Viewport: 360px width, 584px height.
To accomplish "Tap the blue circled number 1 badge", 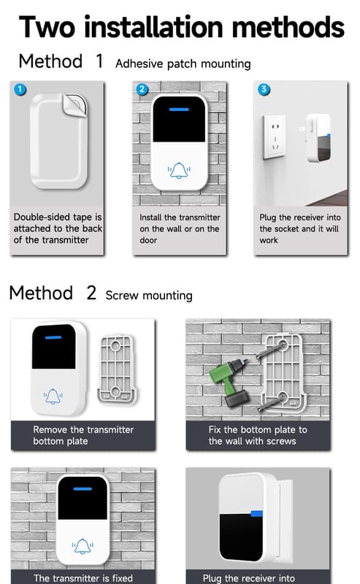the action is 20,89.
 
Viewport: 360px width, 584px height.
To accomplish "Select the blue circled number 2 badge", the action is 142,89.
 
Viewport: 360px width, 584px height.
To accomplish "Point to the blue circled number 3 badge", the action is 264,89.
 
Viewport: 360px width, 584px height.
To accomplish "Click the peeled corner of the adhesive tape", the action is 75,104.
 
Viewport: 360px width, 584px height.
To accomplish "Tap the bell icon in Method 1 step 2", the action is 179,171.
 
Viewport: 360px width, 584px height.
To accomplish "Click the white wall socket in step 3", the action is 275,137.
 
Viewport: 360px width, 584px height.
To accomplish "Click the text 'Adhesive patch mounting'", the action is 183,64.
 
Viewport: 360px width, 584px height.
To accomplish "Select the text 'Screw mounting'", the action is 149,296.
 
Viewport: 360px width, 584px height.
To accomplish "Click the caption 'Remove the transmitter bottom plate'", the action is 83,435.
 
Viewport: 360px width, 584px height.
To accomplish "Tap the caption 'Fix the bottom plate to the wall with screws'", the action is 258,435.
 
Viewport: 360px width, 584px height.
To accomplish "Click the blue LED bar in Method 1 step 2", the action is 179,109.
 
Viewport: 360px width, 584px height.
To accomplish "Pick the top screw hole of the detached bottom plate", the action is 115,345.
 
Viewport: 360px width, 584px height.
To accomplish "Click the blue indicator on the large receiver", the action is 257,514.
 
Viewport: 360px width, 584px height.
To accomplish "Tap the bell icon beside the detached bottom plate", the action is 53,396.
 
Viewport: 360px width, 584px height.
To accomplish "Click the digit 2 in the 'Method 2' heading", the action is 91,293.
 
